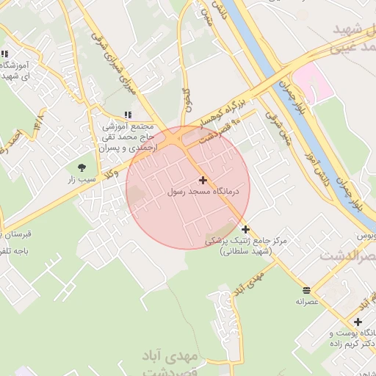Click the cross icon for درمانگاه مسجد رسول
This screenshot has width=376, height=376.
click(x=203, y=180)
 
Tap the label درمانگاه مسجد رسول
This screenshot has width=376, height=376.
click(x=209, y=192)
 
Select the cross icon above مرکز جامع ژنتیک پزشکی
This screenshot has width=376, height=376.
click(x=245, y=229)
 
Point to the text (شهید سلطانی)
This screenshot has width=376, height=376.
click(x=245, y=251)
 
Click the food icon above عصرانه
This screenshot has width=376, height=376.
click(x=306, y=289)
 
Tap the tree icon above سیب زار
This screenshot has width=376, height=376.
click(x=81, y=168)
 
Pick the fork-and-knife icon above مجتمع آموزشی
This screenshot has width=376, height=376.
click(x=129, y=115)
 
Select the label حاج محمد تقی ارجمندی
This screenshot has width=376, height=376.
click(x=132, y=137)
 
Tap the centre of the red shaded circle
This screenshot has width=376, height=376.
click(x=188, y=187)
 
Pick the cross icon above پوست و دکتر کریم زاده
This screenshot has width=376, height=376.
click(x=358, y=322)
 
